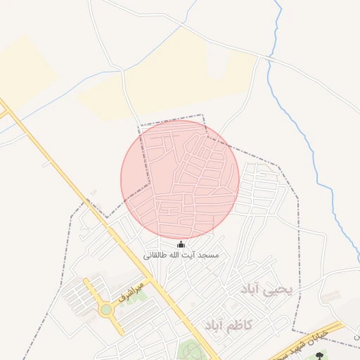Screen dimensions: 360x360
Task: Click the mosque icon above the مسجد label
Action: (x=181, y=244)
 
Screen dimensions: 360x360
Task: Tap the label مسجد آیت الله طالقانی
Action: (x=181, y=255)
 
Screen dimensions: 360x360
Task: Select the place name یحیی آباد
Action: (x=270, y=290)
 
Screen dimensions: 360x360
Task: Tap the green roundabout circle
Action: (x=106, y=309)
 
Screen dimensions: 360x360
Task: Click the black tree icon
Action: (x=325, y=355)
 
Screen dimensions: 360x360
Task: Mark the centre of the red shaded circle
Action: (x=180, y=179)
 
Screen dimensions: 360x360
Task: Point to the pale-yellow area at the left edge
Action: (x=21, y=70)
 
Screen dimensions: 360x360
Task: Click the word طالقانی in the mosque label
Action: (x=158, y=255)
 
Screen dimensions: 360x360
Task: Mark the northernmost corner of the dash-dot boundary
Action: (x=203, y=115)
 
